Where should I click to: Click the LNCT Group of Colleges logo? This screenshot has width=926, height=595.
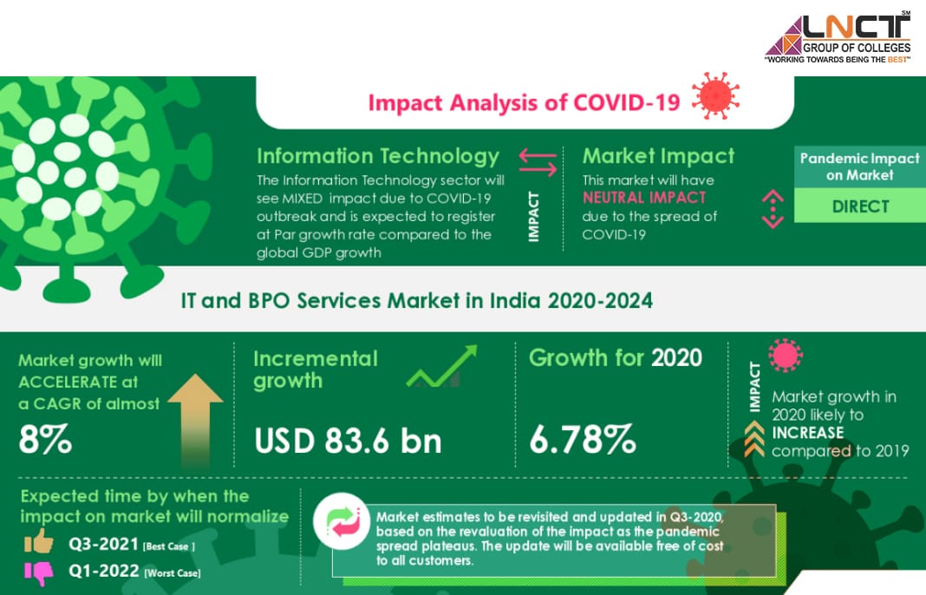coord(838,37)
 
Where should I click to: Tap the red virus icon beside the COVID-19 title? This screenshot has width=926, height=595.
coord(715,95)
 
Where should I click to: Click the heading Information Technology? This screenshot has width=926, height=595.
coord(378,157)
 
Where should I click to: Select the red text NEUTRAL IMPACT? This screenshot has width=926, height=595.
coord(644,198)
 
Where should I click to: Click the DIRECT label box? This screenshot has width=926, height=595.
coord(860,206)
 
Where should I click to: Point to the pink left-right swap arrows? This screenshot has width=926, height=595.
coord(538,162)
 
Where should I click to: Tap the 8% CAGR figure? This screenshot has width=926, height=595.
coord(45,439)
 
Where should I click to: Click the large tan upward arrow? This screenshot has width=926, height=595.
coord(195,420)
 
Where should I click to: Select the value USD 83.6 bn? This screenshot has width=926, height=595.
coord(348,441)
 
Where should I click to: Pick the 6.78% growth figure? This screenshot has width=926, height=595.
coord(583,439)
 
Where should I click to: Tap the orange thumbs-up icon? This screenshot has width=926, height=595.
coord(39,541)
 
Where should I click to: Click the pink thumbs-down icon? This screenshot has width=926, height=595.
coord(39,572)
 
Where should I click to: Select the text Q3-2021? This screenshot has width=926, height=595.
coord(104,544)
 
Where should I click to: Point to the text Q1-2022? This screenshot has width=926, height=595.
coord(104,571)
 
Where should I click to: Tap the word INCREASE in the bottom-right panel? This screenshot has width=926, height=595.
coord(808,433)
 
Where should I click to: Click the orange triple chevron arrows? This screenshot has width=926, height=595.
coord(754,439)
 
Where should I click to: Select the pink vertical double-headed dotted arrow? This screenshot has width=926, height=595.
coord(773,208)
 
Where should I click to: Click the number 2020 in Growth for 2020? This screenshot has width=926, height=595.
coord(677,358)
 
